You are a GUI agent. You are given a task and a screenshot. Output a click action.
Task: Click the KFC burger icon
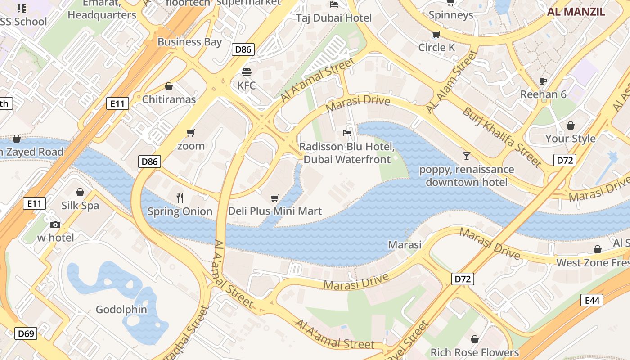(246, 72)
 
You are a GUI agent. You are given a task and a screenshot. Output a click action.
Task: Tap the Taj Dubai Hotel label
(334, 18)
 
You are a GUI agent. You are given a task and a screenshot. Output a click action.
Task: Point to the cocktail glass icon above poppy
(466, 156)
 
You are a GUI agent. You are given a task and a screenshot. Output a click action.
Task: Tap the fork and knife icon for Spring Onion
(180, 198)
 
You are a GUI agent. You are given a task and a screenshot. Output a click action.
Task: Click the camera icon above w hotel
(55, 225)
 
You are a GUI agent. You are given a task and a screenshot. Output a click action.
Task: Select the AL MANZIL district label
(576, 12)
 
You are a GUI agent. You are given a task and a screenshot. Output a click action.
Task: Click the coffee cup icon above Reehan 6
(543, 81)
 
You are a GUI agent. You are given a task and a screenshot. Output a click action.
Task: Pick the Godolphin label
(121, 310)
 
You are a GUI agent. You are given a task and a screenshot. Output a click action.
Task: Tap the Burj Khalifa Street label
(502, 136)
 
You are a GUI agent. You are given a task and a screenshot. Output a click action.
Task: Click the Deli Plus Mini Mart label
(275, 211)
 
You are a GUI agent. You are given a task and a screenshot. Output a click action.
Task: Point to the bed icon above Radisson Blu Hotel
(346, 133)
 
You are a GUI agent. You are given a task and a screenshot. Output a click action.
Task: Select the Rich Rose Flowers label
(475, 352)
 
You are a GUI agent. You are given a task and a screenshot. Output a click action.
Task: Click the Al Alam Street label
(451, 81)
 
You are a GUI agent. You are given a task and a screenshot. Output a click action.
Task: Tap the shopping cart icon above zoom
(190, 133)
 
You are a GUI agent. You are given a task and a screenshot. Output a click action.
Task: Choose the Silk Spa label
(80, 206)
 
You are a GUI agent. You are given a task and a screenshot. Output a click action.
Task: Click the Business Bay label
(189, 42)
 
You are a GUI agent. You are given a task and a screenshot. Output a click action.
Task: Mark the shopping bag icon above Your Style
(570, 126)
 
